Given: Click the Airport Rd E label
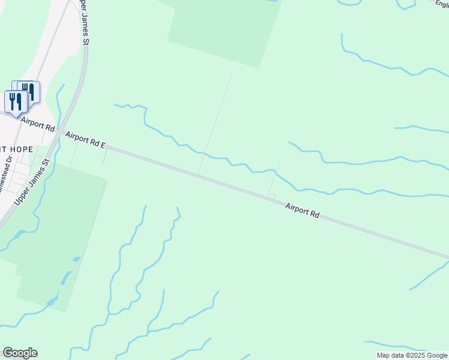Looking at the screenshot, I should [x=86, y=140].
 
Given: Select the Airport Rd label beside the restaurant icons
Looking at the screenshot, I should [x=37, y=125].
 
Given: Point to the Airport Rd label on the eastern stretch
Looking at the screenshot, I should [x=302, y=211].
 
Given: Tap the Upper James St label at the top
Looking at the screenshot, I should [x=85, y=23].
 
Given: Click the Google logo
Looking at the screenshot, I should [x=20, y=353].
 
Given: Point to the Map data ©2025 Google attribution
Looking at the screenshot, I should [x=412, y=355].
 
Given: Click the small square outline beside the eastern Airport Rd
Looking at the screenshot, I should [x=271, y=196].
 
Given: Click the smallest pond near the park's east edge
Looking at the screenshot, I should [x=76, y=259].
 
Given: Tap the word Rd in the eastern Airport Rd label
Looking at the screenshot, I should [x=314, y=214].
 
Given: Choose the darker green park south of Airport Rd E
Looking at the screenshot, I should [x=57, y=234].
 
